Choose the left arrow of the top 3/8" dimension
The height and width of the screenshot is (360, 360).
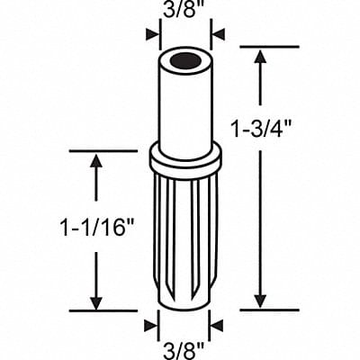[x=150, y=36]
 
